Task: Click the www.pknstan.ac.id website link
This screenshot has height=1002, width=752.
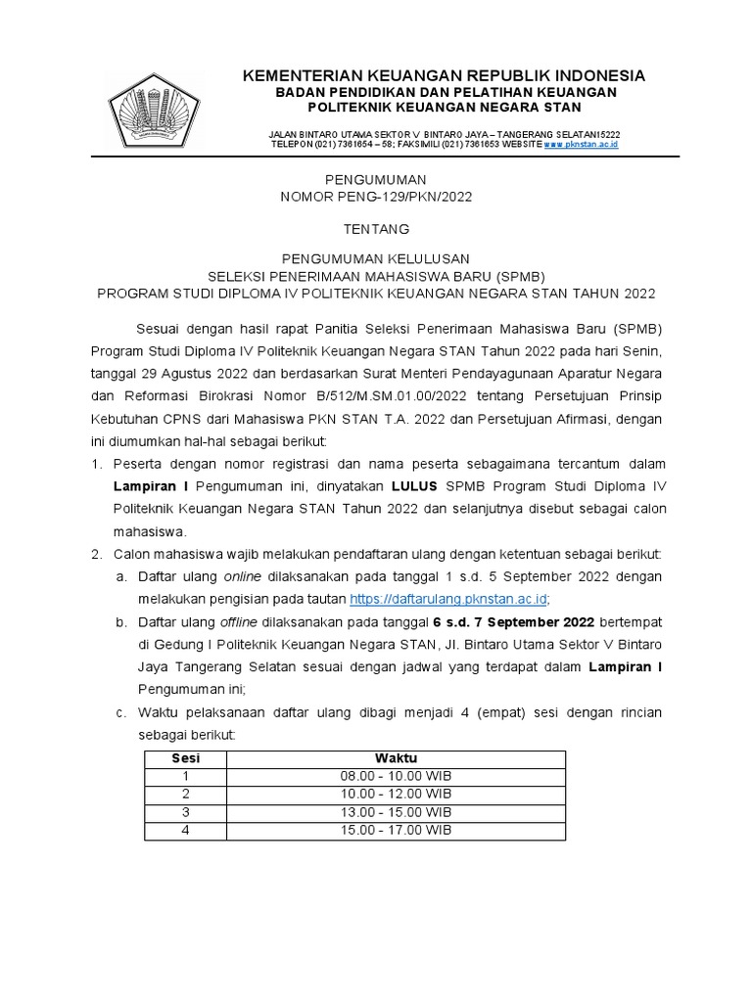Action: pyautogui.click(x=581, y=144)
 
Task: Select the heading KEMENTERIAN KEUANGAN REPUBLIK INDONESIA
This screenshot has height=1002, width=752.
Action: pyautogui.click(x=444, y=75)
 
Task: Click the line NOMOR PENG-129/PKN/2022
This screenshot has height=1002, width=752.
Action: pyautogui.click(x=376, y=197)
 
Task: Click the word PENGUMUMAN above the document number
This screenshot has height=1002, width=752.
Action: pyautogui.click(x=376, y=180)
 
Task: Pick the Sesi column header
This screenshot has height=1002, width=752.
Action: pyautogui.click(x=185, y=758)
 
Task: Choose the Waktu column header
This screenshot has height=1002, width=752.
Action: pyautogui.click(x=396, y=758)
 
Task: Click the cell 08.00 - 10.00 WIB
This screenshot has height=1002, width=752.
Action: pyautogui.click(x=396, y=776)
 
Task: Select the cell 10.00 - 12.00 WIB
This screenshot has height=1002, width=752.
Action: pyautogui.click(x=396, y=794)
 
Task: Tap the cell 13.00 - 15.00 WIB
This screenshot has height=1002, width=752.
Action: pyautogui.click(x=396, y=812)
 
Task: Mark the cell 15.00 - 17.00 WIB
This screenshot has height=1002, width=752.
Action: pyautogui.click(x=396, y=830)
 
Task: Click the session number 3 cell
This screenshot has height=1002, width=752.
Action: pyautogui.click(x=185, y=812)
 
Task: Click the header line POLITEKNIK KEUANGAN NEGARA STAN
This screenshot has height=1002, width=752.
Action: pyautogui.click(x=444, y=107)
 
